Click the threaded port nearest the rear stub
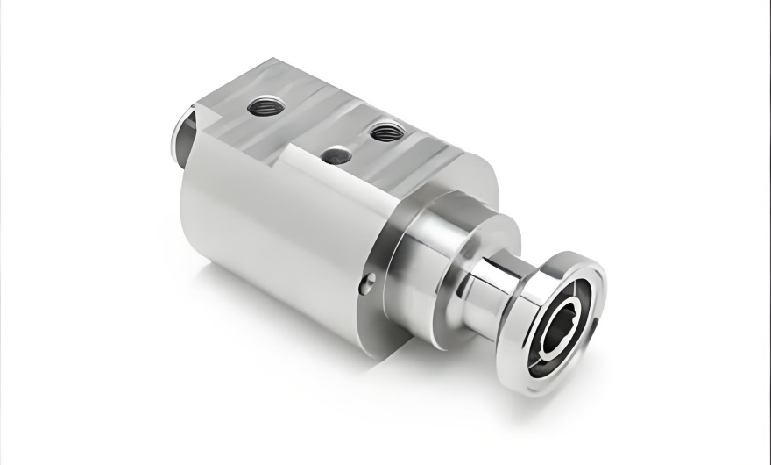coord(262,107)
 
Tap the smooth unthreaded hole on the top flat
coord(336,156)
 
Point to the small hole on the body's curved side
coord(369,283)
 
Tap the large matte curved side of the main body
coord(263,228)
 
